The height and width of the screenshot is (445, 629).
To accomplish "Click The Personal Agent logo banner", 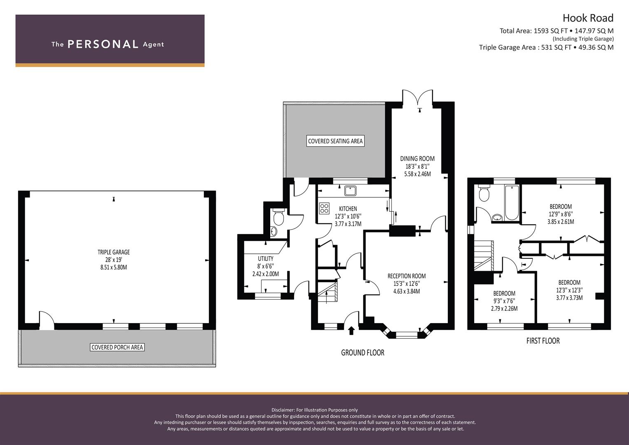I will tap(110, 40).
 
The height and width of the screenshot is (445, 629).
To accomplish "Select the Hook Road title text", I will tap(588, 18).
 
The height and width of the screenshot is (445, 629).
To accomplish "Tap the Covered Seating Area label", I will tap(335, 141).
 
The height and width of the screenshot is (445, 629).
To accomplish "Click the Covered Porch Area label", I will tap(117, 347).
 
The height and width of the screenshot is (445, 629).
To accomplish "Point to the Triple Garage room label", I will tap(114, 252).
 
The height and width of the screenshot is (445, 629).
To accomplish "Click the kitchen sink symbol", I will tap(351, 191).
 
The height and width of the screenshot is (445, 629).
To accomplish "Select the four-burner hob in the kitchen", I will tap(324, 208).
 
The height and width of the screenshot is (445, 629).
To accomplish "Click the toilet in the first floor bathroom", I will tap(484, 193).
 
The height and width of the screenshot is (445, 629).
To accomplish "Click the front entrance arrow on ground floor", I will tap(351, 330).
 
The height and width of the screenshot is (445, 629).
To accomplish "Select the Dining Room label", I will tap(417, 159).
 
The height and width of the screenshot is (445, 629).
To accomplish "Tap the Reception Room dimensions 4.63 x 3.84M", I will tap(406, 291).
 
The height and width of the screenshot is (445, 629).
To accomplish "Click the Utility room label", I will tap(265, 259).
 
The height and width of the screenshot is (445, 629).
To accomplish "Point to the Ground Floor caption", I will tap(362, 353).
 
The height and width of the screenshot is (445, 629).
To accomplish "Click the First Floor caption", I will tap(543, 341).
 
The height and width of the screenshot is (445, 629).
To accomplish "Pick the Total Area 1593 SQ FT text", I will tap(533, 31).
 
